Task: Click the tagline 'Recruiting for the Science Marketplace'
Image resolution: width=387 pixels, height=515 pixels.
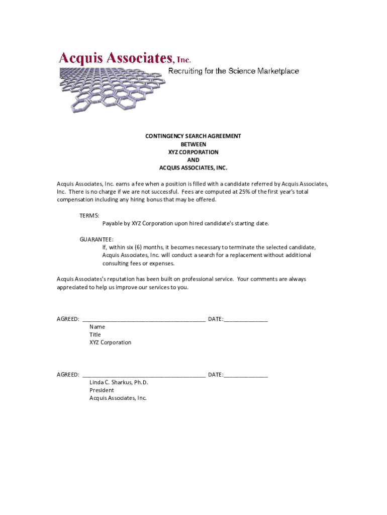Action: coord(233,71)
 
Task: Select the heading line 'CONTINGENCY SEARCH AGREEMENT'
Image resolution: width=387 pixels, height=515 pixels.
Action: coord(193,136)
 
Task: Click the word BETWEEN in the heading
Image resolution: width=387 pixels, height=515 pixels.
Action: coord(193,144)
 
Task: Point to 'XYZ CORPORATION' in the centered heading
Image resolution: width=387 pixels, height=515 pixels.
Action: coord(193,152)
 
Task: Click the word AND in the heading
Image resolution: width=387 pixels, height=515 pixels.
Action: coord(193,160)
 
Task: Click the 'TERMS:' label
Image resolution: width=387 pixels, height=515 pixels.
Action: coord(89,215)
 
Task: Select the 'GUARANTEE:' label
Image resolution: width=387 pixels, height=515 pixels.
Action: coord(96,239)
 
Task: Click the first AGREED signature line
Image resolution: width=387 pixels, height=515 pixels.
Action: coord(144,319)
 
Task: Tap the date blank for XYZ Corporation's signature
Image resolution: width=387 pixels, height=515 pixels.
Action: coord(246,319)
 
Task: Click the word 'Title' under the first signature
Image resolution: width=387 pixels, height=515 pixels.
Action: coord(95,334)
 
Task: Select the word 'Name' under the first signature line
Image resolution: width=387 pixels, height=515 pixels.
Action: coord(97,327)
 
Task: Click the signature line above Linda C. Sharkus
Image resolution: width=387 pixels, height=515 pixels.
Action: coord(144,375)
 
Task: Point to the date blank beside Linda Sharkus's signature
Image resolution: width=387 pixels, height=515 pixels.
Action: coord(246,375)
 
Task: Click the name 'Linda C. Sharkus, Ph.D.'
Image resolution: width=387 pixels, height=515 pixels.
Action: coord(119,382)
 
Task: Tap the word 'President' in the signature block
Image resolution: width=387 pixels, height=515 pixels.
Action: coord(102,390)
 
